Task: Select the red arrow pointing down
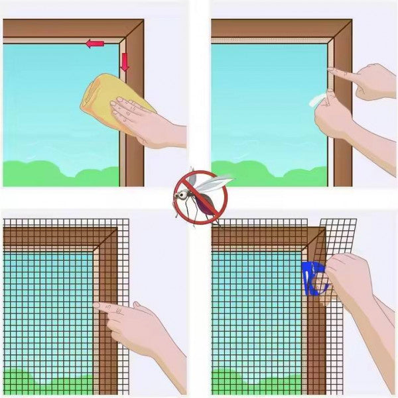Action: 125,62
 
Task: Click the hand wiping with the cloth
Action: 146,119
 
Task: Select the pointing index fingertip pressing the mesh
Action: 96,307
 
